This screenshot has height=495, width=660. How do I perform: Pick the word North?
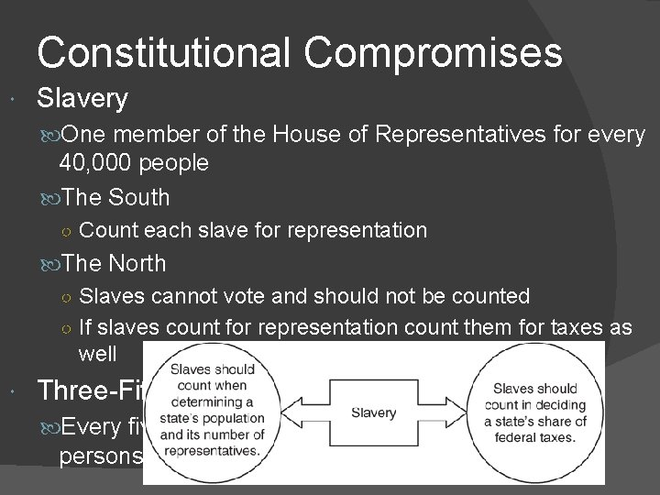click(x=137, y=263)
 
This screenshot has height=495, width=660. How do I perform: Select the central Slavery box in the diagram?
click(x=373, y=412)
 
